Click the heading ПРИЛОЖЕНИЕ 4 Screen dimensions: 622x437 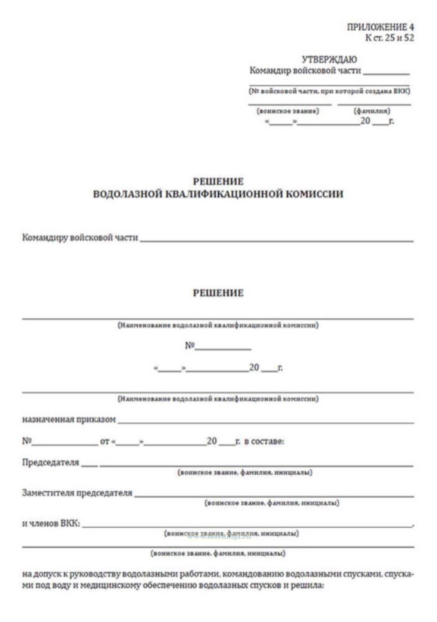[380, 27]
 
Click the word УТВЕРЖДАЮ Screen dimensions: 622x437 [329, 59]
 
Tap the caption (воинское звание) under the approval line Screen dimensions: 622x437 [288, 111]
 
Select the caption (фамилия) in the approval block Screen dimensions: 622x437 [372, 111]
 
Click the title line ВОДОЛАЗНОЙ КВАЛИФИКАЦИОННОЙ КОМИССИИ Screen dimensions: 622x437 [218, 194]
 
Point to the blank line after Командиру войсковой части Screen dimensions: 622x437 [276, 240]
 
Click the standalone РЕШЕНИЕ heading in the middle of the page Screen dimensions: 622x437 [218, 293]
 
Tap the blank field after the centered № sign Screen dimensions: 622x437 [223, 348]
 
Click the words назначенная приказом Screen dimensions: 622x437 [69, 419]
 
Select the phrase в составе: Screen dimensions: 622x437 [264, 441]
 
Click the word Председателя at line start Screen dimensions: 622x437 [51, 462]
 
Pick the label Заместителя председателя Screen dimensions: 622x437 [77, 493]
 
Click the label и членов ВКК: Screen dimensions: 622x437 [51, 523]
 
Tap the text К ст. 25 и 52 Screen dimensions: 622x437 [389, 38]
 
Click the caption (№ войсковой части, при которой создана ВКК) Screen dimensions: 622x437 [329, 91]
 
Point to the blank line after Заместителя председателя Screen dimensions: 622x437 [274, 495]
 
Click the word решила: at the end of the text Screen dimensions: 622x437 [309, 585]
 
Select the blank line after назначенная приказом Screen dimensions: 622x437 [266, 422]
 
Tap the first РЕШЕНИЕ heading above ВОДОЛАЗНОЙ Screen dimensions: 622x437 [218, 181]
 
